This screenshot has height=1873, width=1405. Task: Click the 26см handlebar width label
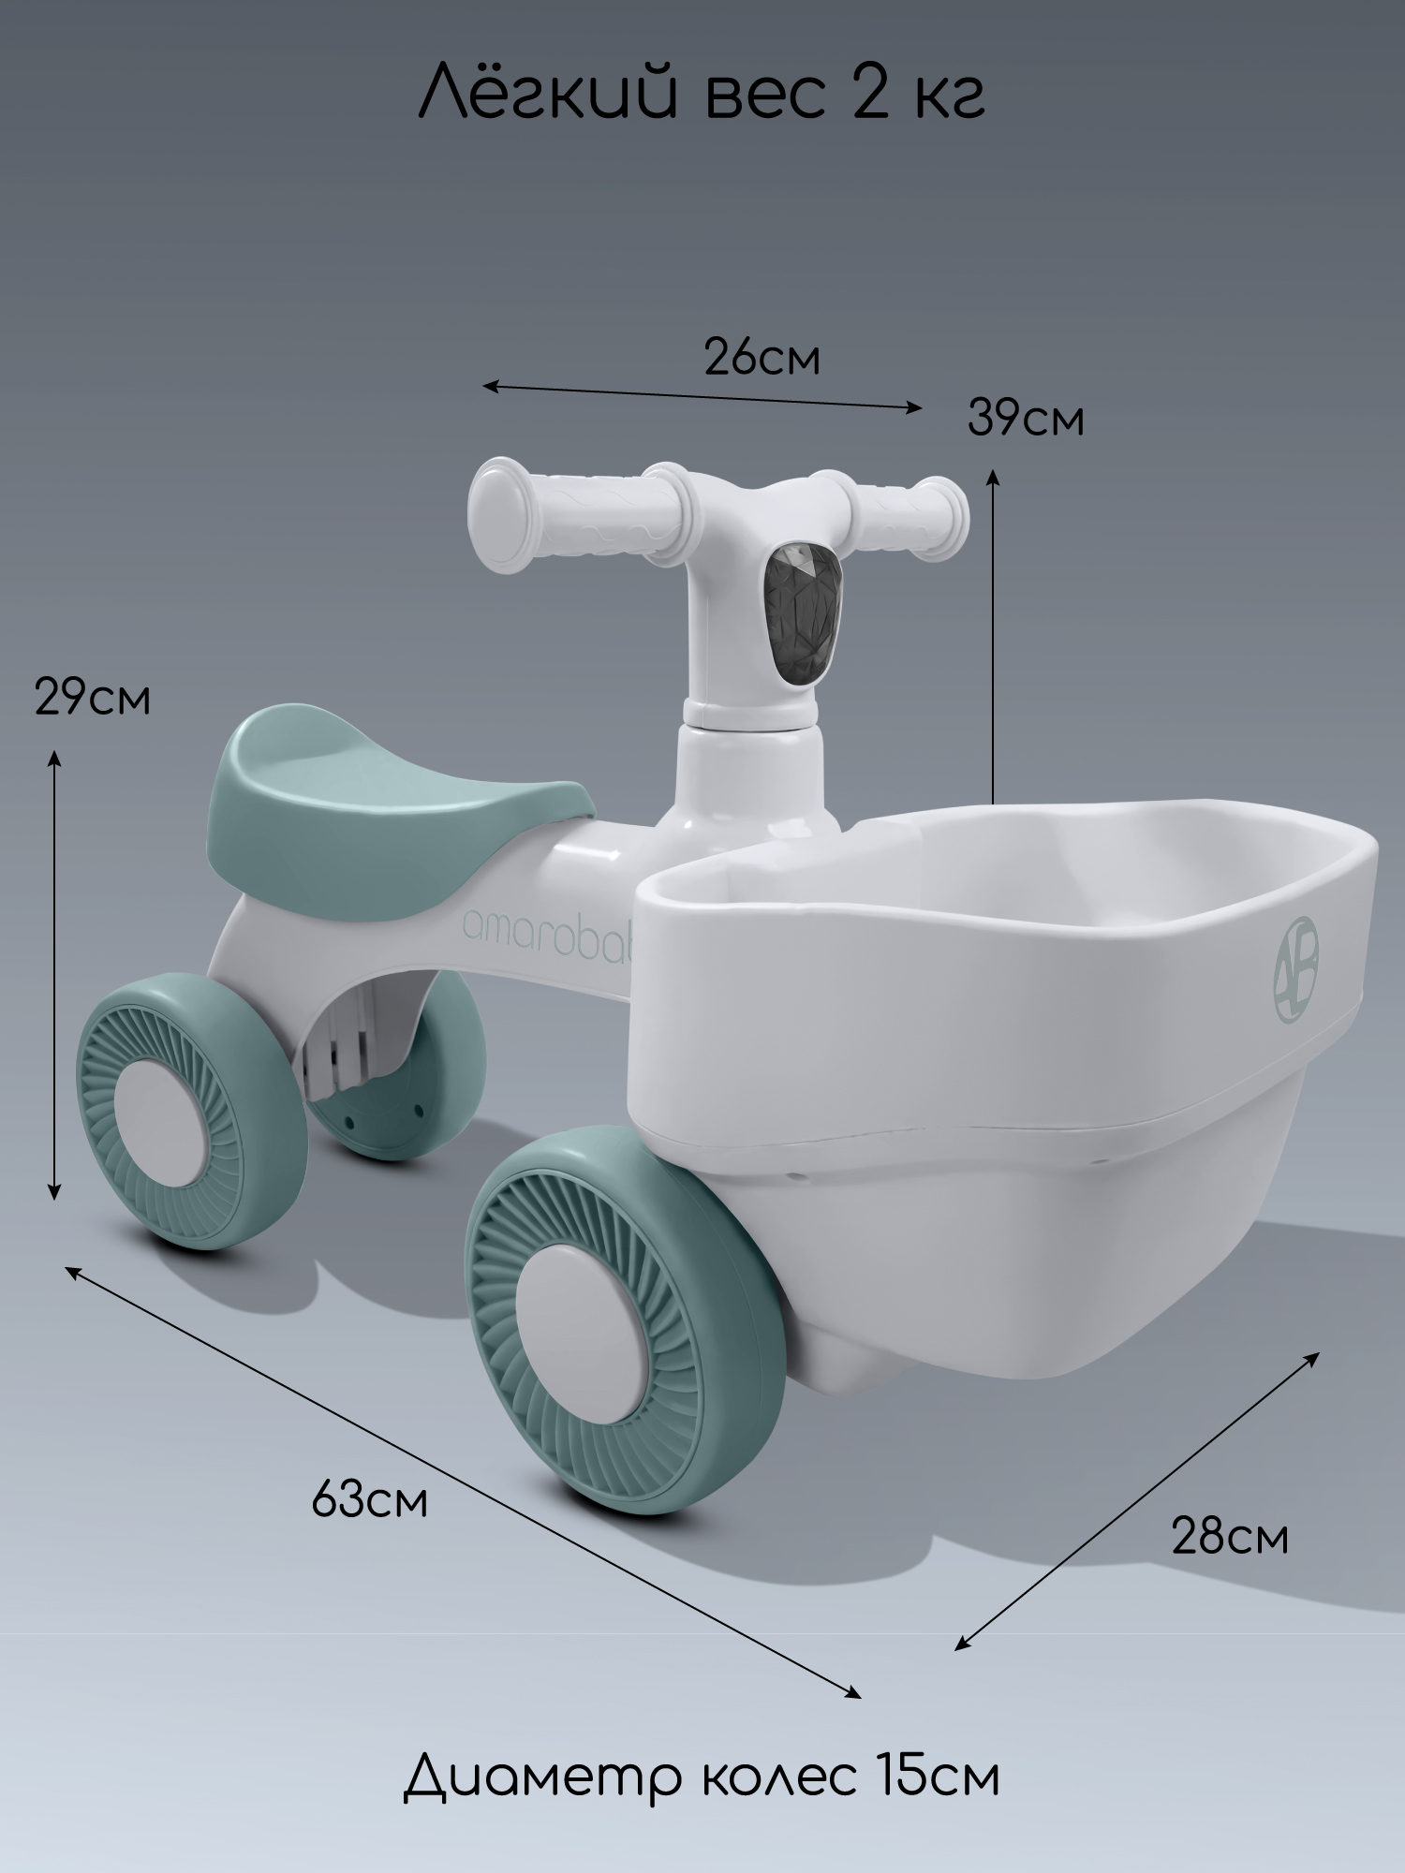point(762,358)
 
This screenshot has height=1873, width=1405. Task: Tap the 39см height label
point(1026,418)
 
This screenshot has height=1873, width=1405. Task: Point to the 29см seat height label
point(93,698)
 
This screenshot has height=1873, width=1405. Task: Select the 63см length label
point(369,1500)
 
